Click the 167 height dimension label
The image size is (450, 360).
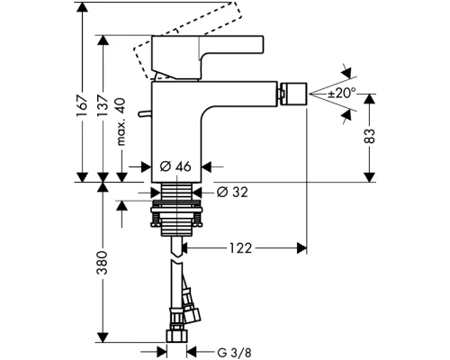(82, 107)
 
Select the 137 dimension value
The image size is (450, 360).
(103, 107)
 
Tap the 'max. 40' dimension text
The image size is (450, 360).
(121, 122)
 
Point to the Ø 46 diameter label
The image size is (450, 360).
(175, 166)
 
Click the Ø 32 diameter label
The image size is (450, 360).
(232, 193)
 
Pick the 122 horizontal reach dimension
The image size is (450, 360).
(240, 248)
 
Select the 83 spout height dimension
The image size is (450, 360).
(370, 136)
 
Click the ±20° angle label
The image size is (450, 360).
(342, 93)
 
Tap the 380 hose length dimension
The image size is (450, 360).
(103, 263)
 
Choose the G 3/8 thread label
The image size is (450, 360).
(234, 353)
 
